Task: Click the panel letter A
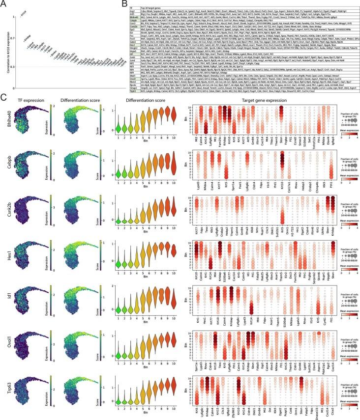[3, 3]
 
